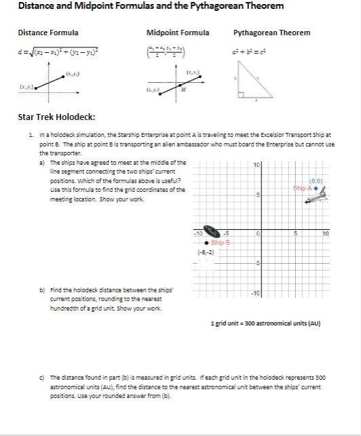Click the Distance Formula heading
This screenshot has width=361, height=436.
coord(47,33)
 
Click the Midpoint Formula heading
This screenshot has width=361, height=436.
coord(178,33)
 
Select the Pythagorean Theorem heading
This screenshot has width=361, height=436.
coord(271,33)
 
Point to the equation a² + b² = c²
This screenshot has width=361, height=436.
coord(250,51)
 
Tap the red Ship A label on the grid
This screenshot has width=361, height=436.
coord(302,188)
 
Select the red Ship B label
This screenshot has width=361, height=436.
coord(221,242)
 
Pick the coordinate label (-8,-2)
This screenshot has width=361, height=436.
coord(207,252)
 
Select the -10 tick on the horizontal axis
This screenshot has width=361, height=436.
coord(199,233)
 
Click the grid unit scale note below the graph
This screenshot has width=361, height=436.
coord(266,324)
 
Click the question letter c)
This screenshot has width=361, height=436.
coord(42,376)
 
